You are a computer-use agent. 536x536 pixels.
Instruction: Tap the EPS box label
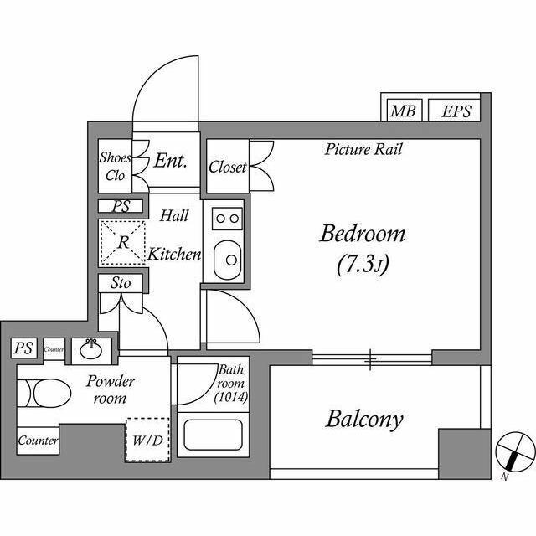[x=456, y=111]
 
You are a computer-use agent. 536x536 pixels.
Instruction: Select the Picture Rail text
[x=364, y=150]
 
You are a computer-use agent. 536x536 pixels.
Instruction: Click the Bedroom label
[x=362, y=234]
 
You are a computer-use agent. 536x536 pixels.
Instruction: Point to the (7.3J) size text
[x=363, y=266]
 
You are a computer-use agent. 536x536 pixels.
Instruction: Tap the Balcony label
[x=364, y=419]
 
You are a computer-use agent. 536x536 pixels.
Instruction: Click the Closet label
[x=228, y=167]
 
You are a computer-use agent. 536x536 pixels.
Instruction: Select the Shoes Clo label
[x=115, y=167]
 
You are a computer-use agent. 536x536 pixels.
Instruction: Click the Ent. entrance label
[x=170, y=161]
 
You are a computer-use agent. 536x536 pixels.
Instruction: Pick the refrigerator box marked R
[x=122, y=242]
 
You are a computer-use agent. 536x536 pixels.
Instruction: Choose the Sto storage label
[x=121, y=284]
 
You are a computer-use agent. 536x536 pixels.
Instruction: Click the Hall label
[x=174, y=215]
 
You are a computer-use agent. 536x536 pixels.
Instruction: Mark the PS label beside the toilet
[x=23, y=348]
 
